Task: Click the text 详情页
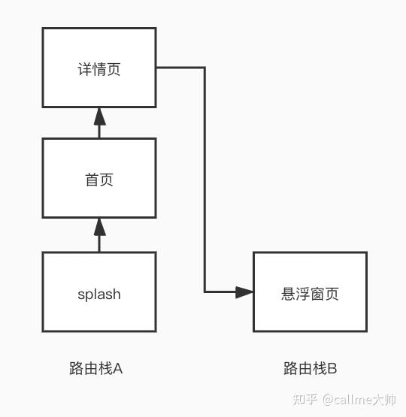[x=99, y=69]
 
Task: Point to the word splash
[x=99, y=295]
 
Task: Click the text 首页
[x=99, y=180]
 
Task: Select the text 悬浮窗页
[x=310, y=294]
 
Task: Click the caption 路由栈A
[x=95, y=369]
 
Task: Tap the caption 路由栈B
[x=311, y=369]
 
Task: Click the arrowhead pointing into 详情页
[x=100, y=116]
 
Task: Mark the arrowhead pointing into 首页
[x=100, y=227]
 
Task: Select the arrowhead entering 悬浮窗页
[x=244, y=292]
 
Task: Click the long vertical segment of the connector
[x=205, y=180]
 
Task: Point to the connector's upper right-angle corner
[x=205, y=68]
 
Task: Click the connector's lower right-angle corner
[x=205, y=292]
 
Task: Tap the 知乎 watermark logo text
[x=305, y=399]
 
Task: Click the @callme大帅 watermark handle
[x=359, y=400]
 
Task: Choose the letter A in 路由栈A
[x=118, y=369]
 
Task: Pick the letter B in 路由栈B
[x=332, y=369]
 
